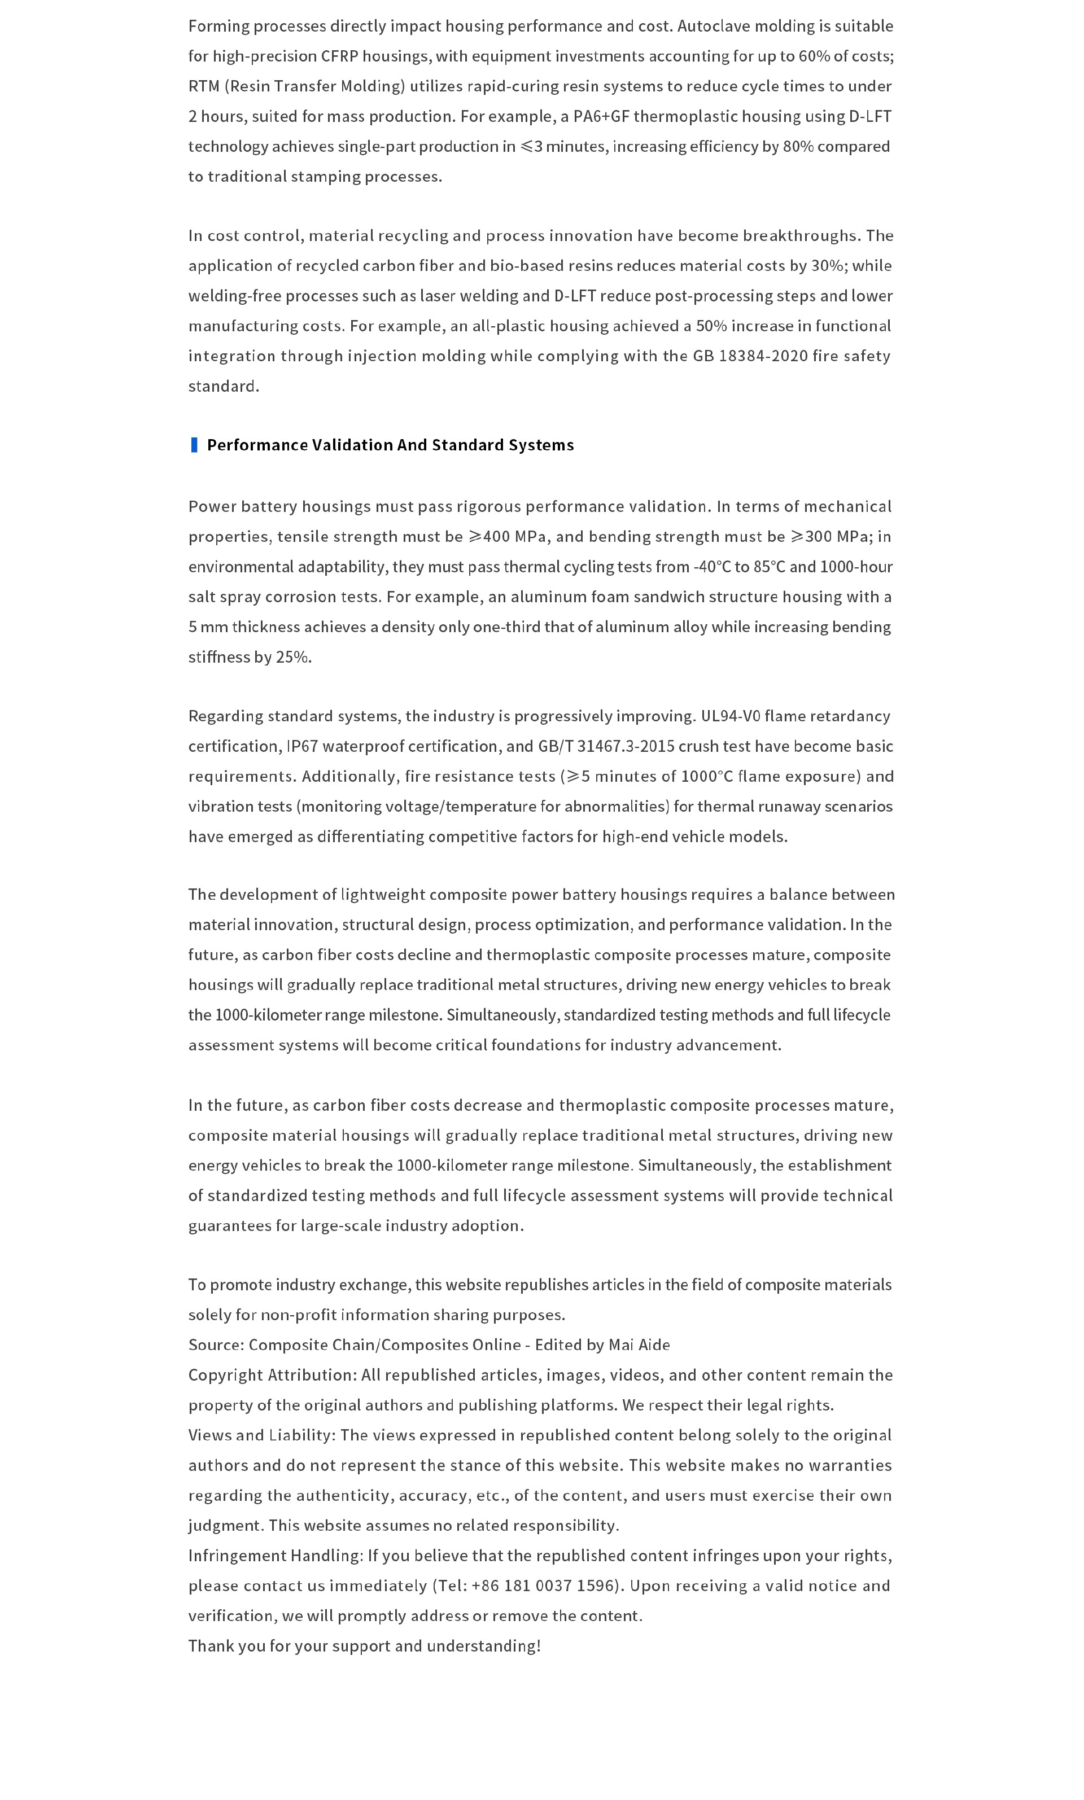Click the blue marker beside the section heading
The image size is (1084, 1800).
[x=194, y=445]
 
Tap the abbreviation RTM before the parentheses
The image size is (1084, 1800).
[x=204, y=86]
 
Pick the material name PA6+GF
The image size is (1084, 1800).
[x=601, y=116]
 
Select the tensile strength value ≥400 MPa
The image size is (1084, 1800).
[x=508, y=537]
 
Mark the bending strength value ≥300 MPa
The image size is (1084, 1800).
[x=831, y=537]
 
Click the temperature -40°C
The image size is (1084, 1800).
[x=711, y=567]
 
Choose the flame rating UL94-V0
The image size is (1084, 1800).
[x=731, y=716]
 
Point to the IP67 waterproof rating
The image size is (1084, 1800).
[x=301, y=746]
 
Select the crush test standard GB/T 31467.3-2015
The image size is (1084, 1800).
[x=606, y=746]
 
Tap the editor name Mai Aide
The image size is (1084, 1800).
[x=639, y=1345]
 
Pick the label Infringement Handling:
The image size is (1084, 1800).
[x=276, y=1556]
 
